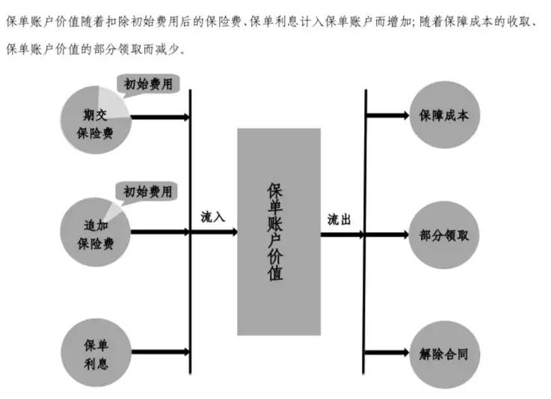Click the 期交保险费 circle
[x=95, y=124]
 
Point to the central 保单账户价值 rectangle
[x=279, y=231]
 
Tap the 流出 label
[x=339, y=220]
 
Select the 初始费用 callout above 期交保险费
[x=149, y=84]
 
